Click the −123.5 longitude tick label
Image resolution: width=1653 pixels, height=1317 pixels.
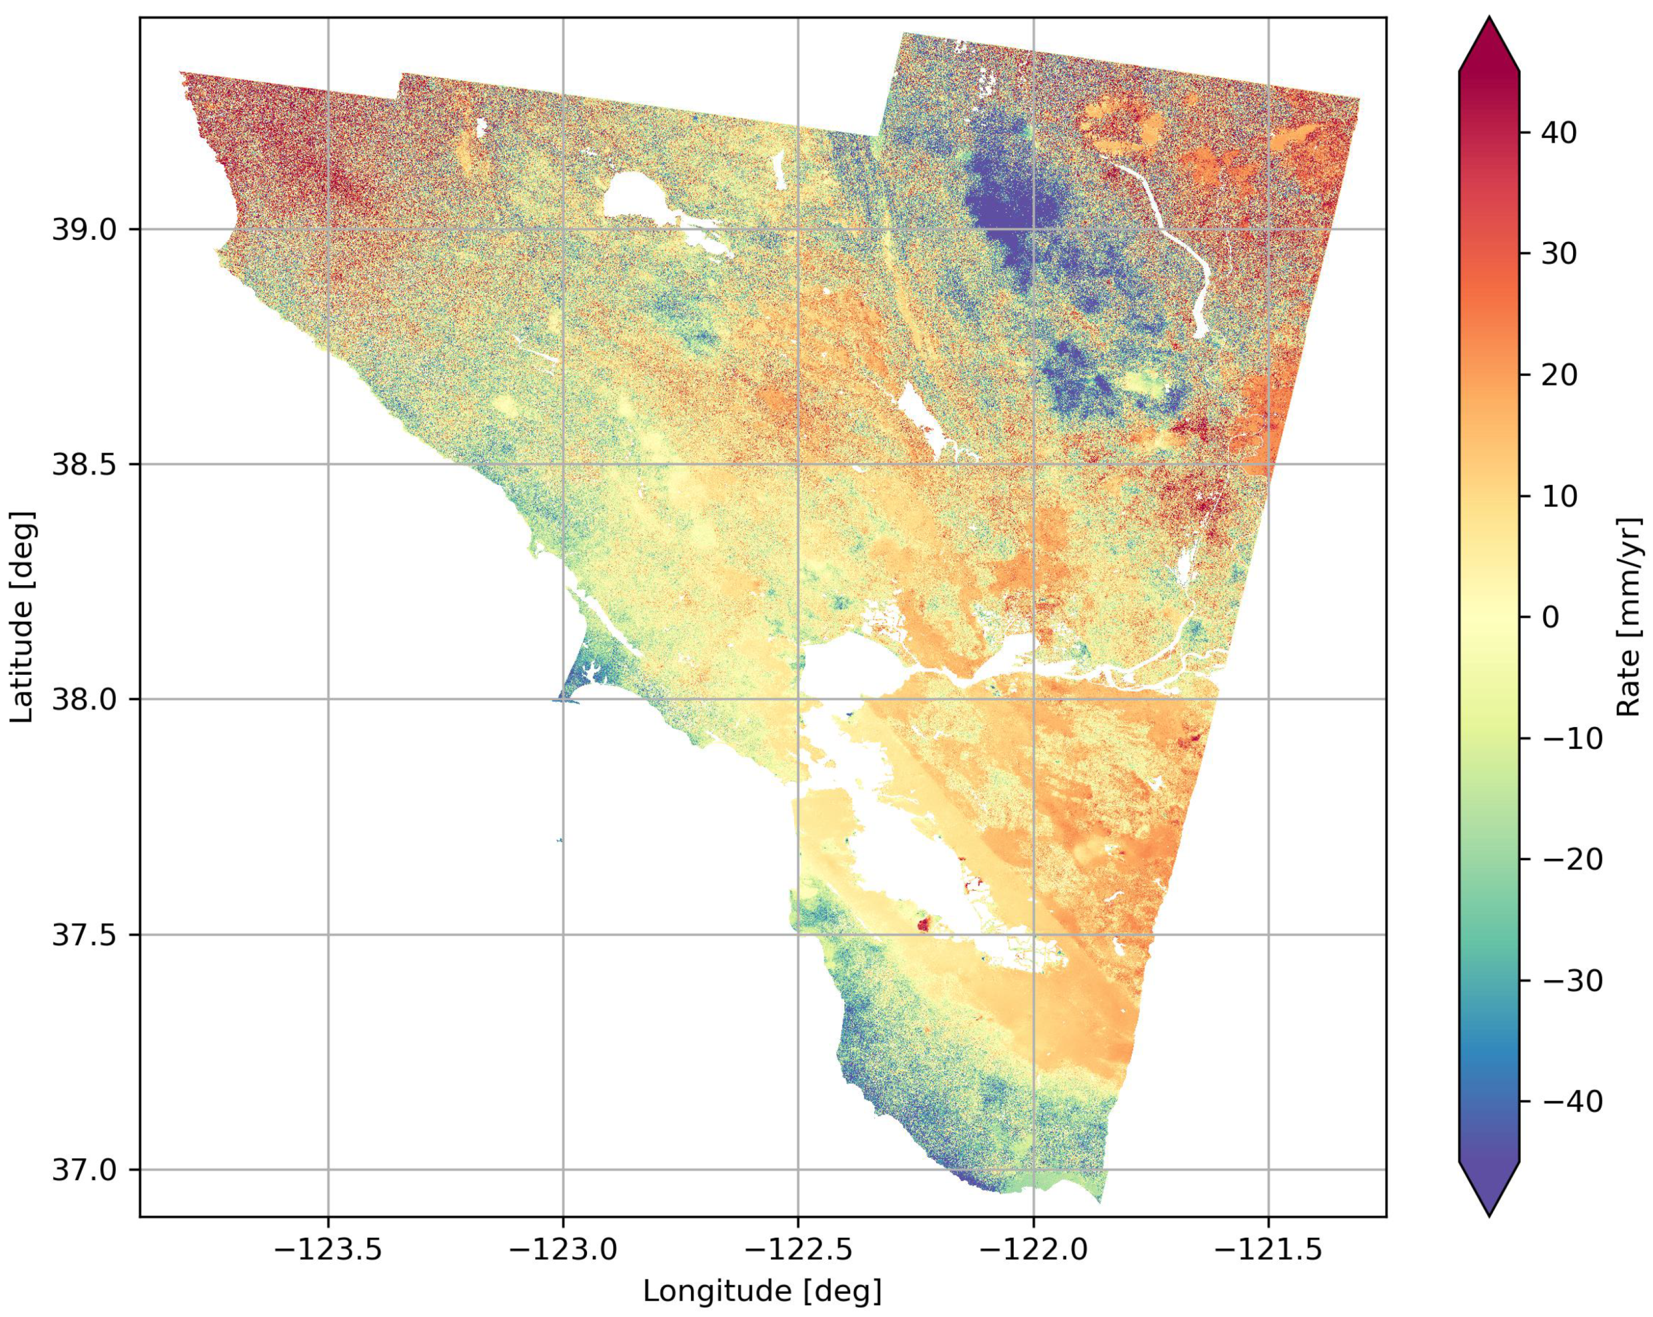tap(328, 1251)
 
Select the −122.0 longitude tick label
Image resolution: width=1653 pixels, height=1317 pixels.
tap(1033, 1251)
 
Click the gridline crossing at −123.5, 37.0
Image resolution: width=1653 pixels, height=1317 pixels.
tap(328, 1170)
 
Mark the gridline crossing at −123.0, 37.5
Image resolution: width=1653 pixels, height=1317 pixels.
tap(564, 935)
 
